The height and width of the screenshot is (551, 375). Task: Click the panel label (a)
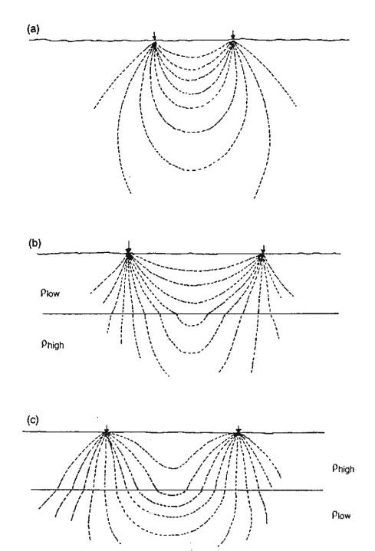34,30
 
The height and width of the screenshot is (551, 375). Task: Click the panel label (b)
35,243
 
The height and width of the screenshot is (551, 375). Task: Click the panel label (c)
33,420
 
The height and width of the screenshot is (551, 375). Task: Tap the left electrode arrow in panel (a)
154,37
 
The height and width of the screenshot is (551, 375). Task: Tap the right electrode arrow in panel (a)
233,36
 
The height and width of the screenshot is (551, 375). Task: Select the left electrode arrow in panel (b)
129,247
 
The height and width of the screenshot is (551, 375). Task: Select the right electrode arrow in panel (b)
263,250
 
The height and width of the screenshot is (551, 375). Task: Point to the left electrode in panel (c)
106,432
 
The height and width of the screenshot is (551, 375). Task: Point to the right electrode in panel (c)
238,432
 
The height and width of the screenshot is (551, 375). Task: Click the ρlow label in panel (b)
50,293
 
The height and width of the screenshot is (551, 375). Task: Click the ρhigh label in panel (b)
53,343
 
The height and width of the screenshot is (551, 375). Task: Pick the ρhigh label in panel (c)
344,468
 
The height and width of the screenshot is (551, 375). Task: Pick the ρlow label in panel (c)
341,515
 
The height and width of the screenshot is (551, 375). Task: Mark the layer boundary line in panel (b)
190,313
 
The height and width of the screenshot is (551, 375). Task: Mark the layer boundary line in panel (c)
177,490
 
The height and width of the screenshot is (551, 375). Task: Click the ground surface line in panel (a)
189,41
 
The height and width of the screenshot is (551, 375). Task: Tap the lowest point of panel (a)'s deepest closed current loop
192,170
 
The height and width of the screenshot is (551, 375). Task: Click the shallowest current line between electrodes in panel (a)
193,55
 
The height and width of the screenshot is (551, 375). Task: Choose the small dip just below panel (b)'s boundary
192,326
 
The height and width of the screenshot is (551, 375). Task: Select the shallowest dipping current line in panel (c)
173,467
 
